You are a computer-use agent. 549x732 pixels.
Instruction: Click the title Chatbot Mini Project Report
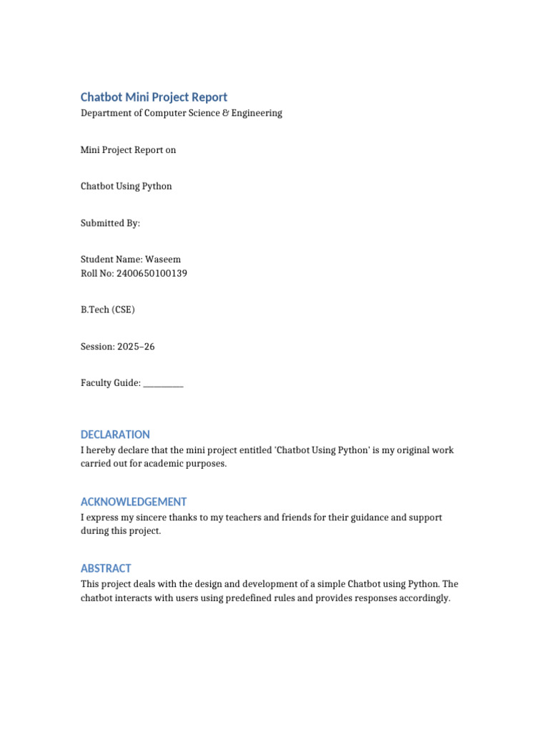coord(154,97)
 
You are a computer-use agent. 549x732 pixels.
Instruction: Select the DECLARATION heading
coord(115,435)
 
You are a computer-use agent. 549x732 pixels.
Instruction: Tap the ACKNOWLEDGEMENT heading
coord(134,502)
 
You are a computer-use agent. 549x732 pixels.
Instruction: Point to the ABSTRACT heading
coord(106,568)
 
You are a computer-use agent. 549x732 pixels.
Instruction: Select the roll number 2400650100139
coord(152,273)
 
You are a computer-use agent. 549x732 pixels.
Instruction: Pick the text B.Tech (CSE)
coord(107,310)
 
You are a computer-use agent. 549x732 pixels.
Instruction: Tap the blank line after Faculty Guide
coord(163,384)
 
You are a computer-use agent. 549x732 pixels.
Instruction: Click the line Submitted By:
coord(110,223)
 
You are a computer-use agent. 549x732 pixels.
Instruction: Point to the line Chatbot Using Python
coord(126,187)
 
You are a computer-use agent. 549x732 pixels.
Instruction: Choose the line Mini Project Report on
coord(128,150)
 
